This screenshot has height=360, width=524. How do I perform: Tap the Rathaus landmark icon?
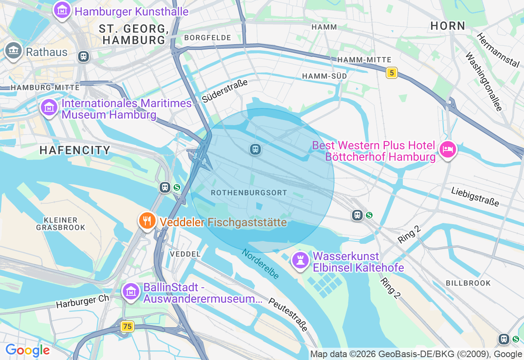click(14, 51)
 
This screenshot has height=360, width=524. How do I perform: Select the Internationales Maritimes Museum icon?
click(49, 108)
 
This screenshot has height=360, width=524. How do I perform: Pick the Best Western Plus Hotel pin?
click(447, 150)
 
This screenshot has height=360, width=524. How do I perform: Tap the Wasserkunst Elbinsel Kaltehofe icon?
click(300, 260)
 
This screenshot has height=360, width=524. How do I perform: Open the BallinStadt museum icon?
click(131, 292)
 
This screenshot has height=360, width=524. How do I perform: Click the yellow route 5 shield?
click(392, 73)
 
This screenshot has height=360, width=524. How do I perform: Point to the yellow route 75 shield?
click(127, 326)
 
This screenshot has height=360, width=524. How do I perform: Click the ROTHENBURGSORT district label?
click(249, 192)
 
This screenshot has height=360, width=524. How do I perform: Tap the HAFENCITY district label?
click(75, 150)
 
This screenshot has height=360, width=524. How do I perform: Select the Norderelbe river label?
click(260, 264)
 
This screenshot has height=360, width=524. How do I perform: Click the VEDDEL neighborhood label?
click(185, 254)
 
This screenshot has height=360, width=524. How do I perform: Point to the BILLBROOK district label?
click(468, 283)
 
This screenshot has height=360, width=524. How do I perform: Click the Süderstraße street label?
click(225, 91)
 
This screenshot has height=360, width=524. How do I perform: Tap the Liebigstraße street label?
click(475, 197)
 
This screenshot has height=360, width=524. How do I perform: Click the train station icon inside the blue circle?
click(255, 149)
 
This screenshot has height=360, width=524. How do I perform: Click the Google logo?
click(27, 351)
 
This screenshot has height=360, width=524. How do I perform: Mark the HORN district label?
click(448, 26)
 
